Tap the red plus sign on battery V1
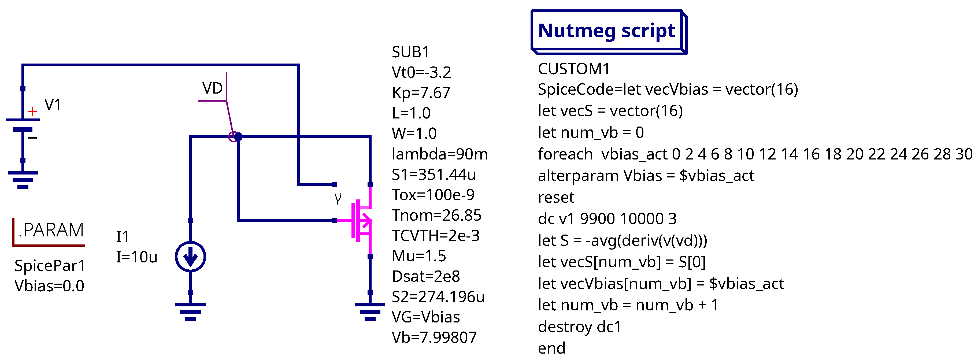coord(33,111)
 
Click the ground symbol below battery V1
coord(23,179)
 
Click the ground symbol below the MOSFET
coord(370,311)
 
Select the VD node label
coord(212,88)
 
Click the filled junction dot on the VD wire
coord(238,136)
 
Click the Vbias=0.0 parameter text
coord(49,286)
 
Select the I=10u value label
coord(137,257)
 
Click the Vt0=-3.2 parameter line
coord(421,72)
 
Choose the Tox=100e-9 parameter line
coord(433,195)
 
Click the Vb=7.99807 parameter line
coord(434,337)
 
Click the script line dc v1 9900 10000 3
coord(607,219)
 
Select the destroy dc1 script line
coord(579,326)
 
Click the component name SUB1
coord(410,52)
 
